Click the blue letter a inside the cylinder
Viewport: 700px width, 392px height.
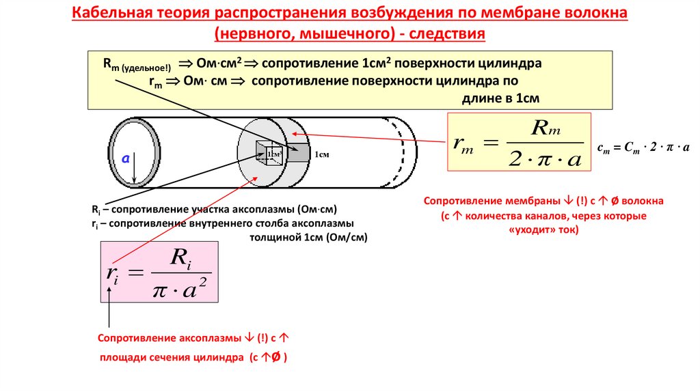point(125,158)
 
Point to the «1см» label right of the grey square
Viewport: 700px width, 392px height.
point(322,155)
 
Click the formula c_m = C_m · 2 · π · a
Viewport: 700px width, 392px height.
point(643,147)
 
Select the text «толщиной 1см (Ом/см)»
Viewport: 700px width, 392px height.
point(308,237)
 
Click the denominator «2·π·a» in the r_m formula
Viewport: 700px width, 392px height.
point(545,159)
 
